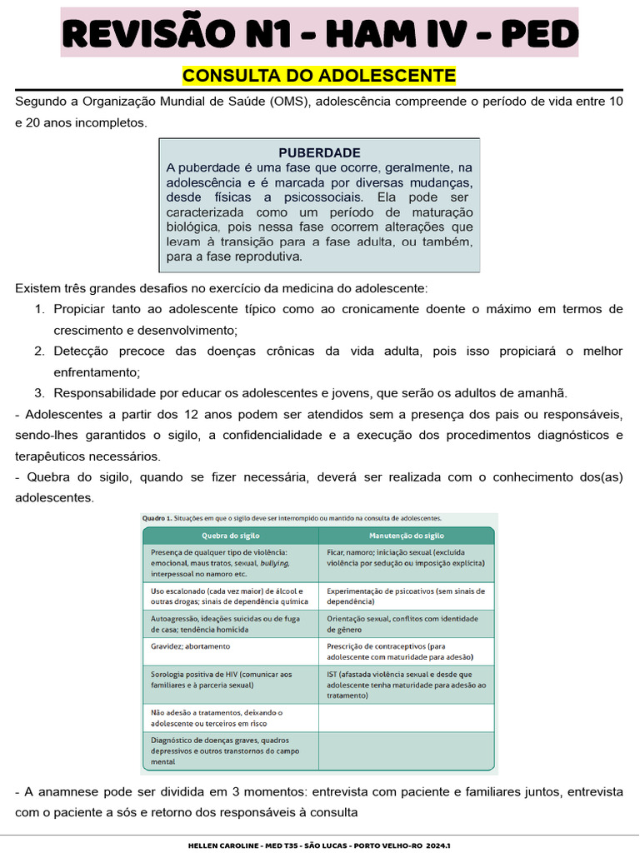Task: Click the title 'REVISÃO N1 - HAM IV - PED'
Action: pyautogui.click(x=319, y=33)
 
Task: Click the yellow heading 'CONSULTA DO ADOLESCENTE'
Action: pyautogui.click(x=319, y=77)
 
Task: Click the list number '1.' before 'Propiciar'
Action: pyautogui.click(x=40, y=309)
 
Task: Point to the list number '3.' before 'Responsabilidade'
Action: pyautogui.click(x=40, y=393)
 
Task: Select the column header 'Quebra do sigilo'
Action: pyautogui.click(x=229, y=536)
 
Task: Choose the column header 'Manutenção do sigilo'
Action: pyautogui.click(x=407, y=536)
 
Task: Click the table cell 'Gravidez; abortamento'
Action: pyautogui.click(x=191, y=646)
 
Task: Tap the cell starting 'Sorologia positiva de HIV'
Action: pyautogui.click(x=222, y=679)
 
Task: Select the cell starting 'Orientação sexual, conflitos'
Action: pyautogui.click(x=402, y=624)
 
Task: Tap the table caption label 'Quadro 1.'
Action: pyautogui.click(x=156, y=518)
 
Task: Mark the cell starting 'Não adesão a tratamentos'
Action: pyautogui.click(x=217, y=717)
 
